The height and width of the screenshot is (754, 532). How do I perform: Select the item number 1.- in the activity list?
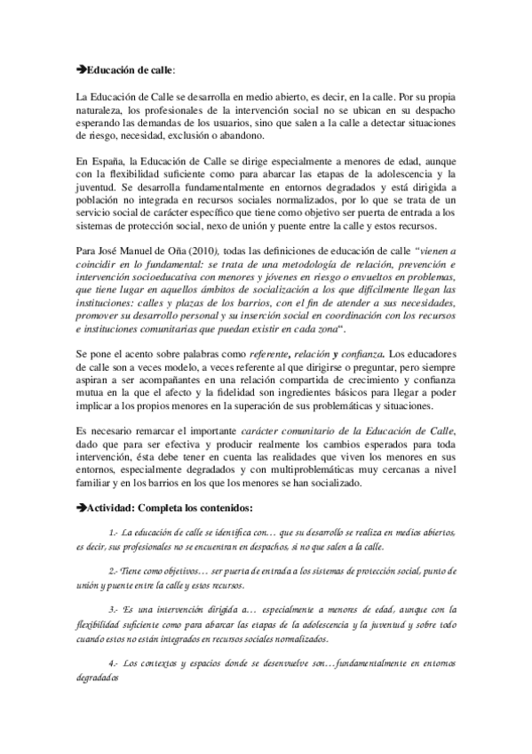[x=113, y=532]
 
